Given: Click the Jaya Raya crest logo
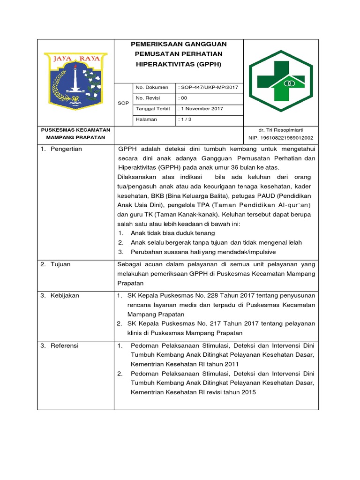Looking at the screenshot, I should pos(75,81).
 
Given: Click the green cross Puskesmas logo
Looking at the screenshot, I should pos(280,81).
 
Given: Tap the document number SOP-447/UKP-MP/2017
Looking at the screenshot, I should pos(209,88).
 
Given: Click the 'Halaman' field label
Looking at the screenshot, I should pos(146,120).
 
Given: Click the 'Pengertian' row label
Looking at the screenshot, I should pos(67,149).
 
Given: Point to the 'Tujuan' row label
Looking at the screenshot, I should pos(61,264).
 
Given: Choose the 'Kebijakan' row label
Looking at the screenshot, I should pos(65,296).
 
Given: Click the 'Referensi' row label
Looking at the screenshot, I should pos(65,345).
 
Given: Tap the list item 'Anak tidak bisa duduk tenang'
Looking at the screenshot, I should pos(173,233).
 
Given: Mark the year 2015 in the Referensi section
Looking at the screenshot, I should pos(248,392).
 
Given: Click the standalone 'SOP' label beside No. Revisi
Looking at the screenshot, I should pos(124,103).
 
